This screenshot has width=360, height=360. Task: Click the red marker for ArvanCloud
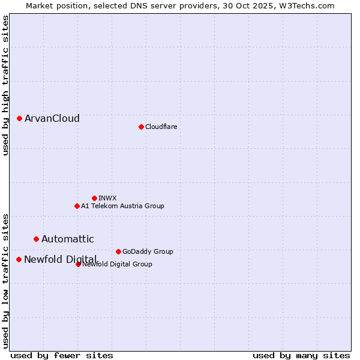click(x=19, y=118)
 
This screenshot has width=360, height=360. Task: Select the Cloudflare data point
click(x=141, y=127)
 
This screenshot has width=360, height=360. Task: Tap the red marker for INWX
click(x=94, y=198)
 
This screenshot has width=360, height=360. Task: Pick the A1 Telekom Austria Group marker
click(x=77, y=206)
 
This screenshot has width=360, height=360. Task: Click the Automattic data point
click(x=36, y=239)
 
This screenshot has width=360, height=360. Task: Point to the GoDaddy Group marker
click(x=118, y=251)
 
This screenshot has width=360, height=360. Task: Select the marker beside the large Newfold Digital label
click(x=19, y=259)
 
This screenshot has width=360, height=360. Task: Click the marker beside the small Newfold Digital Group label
click(x=78, y=264)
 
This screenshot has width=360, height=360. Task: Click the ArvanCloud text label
click(x=52, y=118)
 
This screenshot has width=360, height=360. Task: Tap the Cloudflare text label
click(x=161, y=127)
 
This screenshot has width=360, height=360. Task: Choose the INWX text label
click(x=107, y=198)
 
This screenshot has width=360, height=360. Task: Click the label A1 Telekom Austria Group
click(x=122, y=206)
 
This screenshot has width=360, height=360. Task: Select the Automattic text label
click(x=67, y=239)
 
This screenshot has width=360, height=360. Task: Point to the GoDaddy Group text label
click(x=148, y=251)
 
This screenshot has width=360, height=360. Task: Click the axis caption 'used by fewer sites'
click(x=62, y=355)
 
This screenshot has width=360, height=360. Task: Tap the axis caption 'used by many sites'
click(x=301, y=355)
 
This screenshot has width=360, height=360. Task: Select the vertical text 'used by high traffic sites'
click(x=5, y=85)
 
